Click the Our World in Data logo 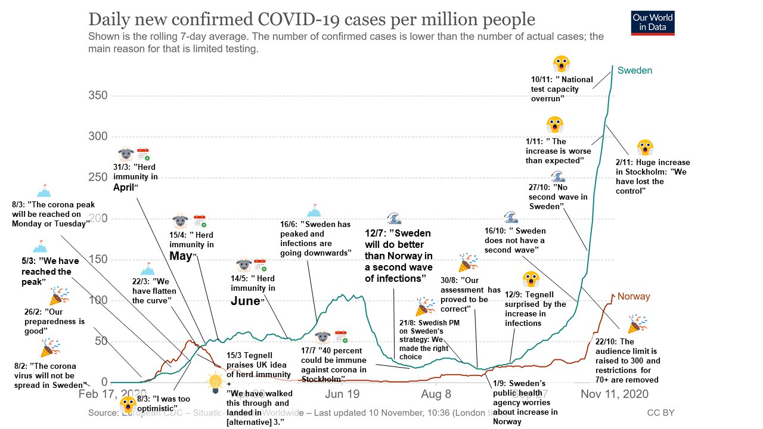(x=653, y=23)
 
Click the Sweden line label (x=635, y=70)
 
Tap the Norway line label (x=634, y=296)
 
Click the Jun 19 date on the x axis (x=343, y=394)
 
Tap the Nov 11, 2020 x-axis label (x=615, y=394)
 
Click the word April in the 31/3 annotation (x=126, y=186)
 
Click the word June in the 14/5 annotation (x=246, y=300)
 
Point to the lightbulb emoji (x=215, y=381)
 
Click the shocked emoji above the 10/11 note (x=560, y=64)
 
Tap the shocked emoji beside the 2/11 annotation (x=645, y=148)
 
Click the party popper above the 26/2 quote (x=59, y=296)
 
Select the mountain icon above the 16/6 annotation (x=314, y=210)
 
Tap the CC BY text (x=660, y=412)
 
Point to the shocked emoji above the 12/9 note (x=531, y=279)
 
